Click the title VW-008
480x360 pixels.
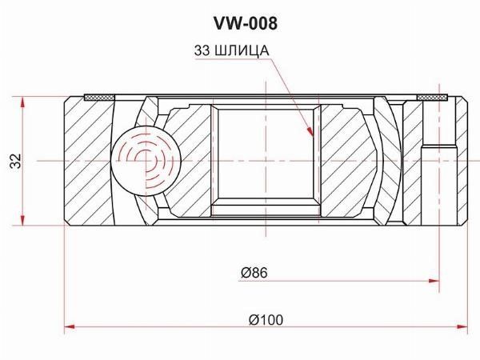coord(246,23)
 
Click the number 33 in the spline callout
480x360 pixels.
coord(202,50)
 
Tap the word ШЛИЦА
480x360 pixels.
coord(242,51)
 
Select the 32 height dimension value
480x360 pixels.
coord(16,161)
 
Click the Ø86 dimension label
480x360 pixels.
coord(254,273)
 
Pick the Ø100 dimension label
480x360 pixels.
coord(266,320)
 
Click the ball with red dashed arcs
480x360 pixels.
coord(146,161)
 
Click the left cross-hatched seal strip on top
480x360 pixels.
coord(99,98)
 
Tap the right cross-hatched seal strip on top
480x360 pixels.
coord(433,98)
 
